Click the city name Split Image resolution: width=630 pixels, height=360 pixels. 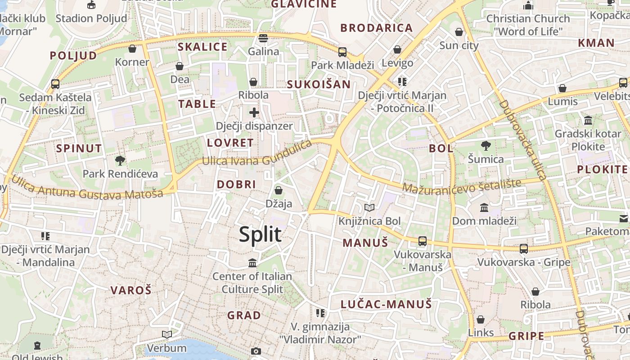click(x=260, y=234)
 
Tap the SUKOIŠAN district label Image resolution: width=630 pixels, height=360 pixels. click(x=319, y=84)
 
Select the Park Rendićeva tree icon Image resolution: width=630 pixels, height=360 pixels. click(x=120, y=160)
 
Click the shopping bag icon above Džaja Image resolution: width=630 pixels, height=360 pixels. click(x=279, y=190)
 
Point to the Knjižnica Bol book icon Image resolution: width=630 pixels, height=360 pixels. click(x=369, y=207)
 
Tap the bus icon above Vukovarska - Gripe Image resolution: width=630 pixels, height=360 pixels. click(x=524, y=248)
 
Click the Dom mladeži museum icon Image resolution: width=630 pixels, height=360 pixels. click(x=485, y=207)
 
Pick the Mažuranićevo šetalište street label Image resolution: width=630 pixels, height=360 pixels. click(x=462, y=186)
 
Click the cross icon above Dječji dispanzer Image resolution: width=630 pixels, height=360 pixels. click(x=254, y=112)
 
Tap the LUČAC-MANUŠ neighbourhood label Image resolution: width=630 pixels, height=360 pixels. click(x=386, y=304)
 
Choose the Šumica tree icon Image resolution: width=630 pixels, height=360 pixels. click(x=486, y=145)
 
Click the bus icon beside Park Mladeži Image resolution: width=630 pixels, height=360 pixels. click(x=342, y=52)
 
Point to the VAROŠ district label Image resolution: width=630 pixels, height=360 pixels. click(x=131, y=290)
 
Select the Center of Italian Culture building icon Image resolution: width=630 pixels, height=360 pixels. click(x=252, y=263)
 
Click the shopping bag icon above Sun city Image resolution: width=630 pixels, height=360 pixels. click(x=459, y=32)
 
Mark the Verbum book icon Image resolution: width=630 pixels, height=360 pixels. click(x=167, y=334)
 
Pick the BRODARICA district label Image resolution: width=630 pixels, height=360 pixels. click(x=376, y=28)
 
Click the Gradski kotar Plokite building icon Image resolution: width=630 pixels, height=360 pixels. click(x=588, y=120)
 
